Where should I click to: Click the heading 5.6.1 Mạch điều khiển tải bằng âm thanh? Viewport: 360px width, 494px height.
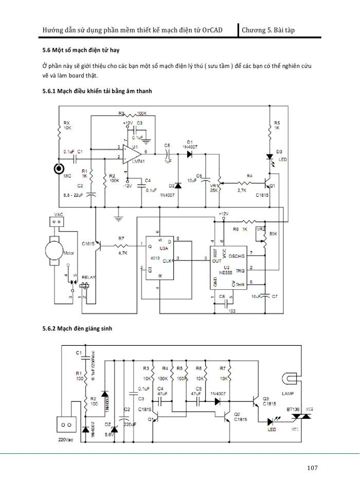(x=98, y=91)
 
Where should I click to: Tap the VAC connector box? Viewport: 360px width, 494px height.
(x=58, y=222)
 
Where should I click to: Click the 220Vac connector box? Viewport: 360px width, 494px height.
(x=66, y=426)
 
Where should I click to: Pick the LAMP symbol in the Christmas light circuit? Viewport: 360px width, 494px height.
(x=291, y=380)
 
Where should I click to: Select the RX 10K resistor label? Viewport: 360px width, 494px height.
(x=67, y=125)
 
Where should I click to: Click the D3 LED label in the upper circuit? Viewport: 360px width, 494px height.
(x=281, y=155)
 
